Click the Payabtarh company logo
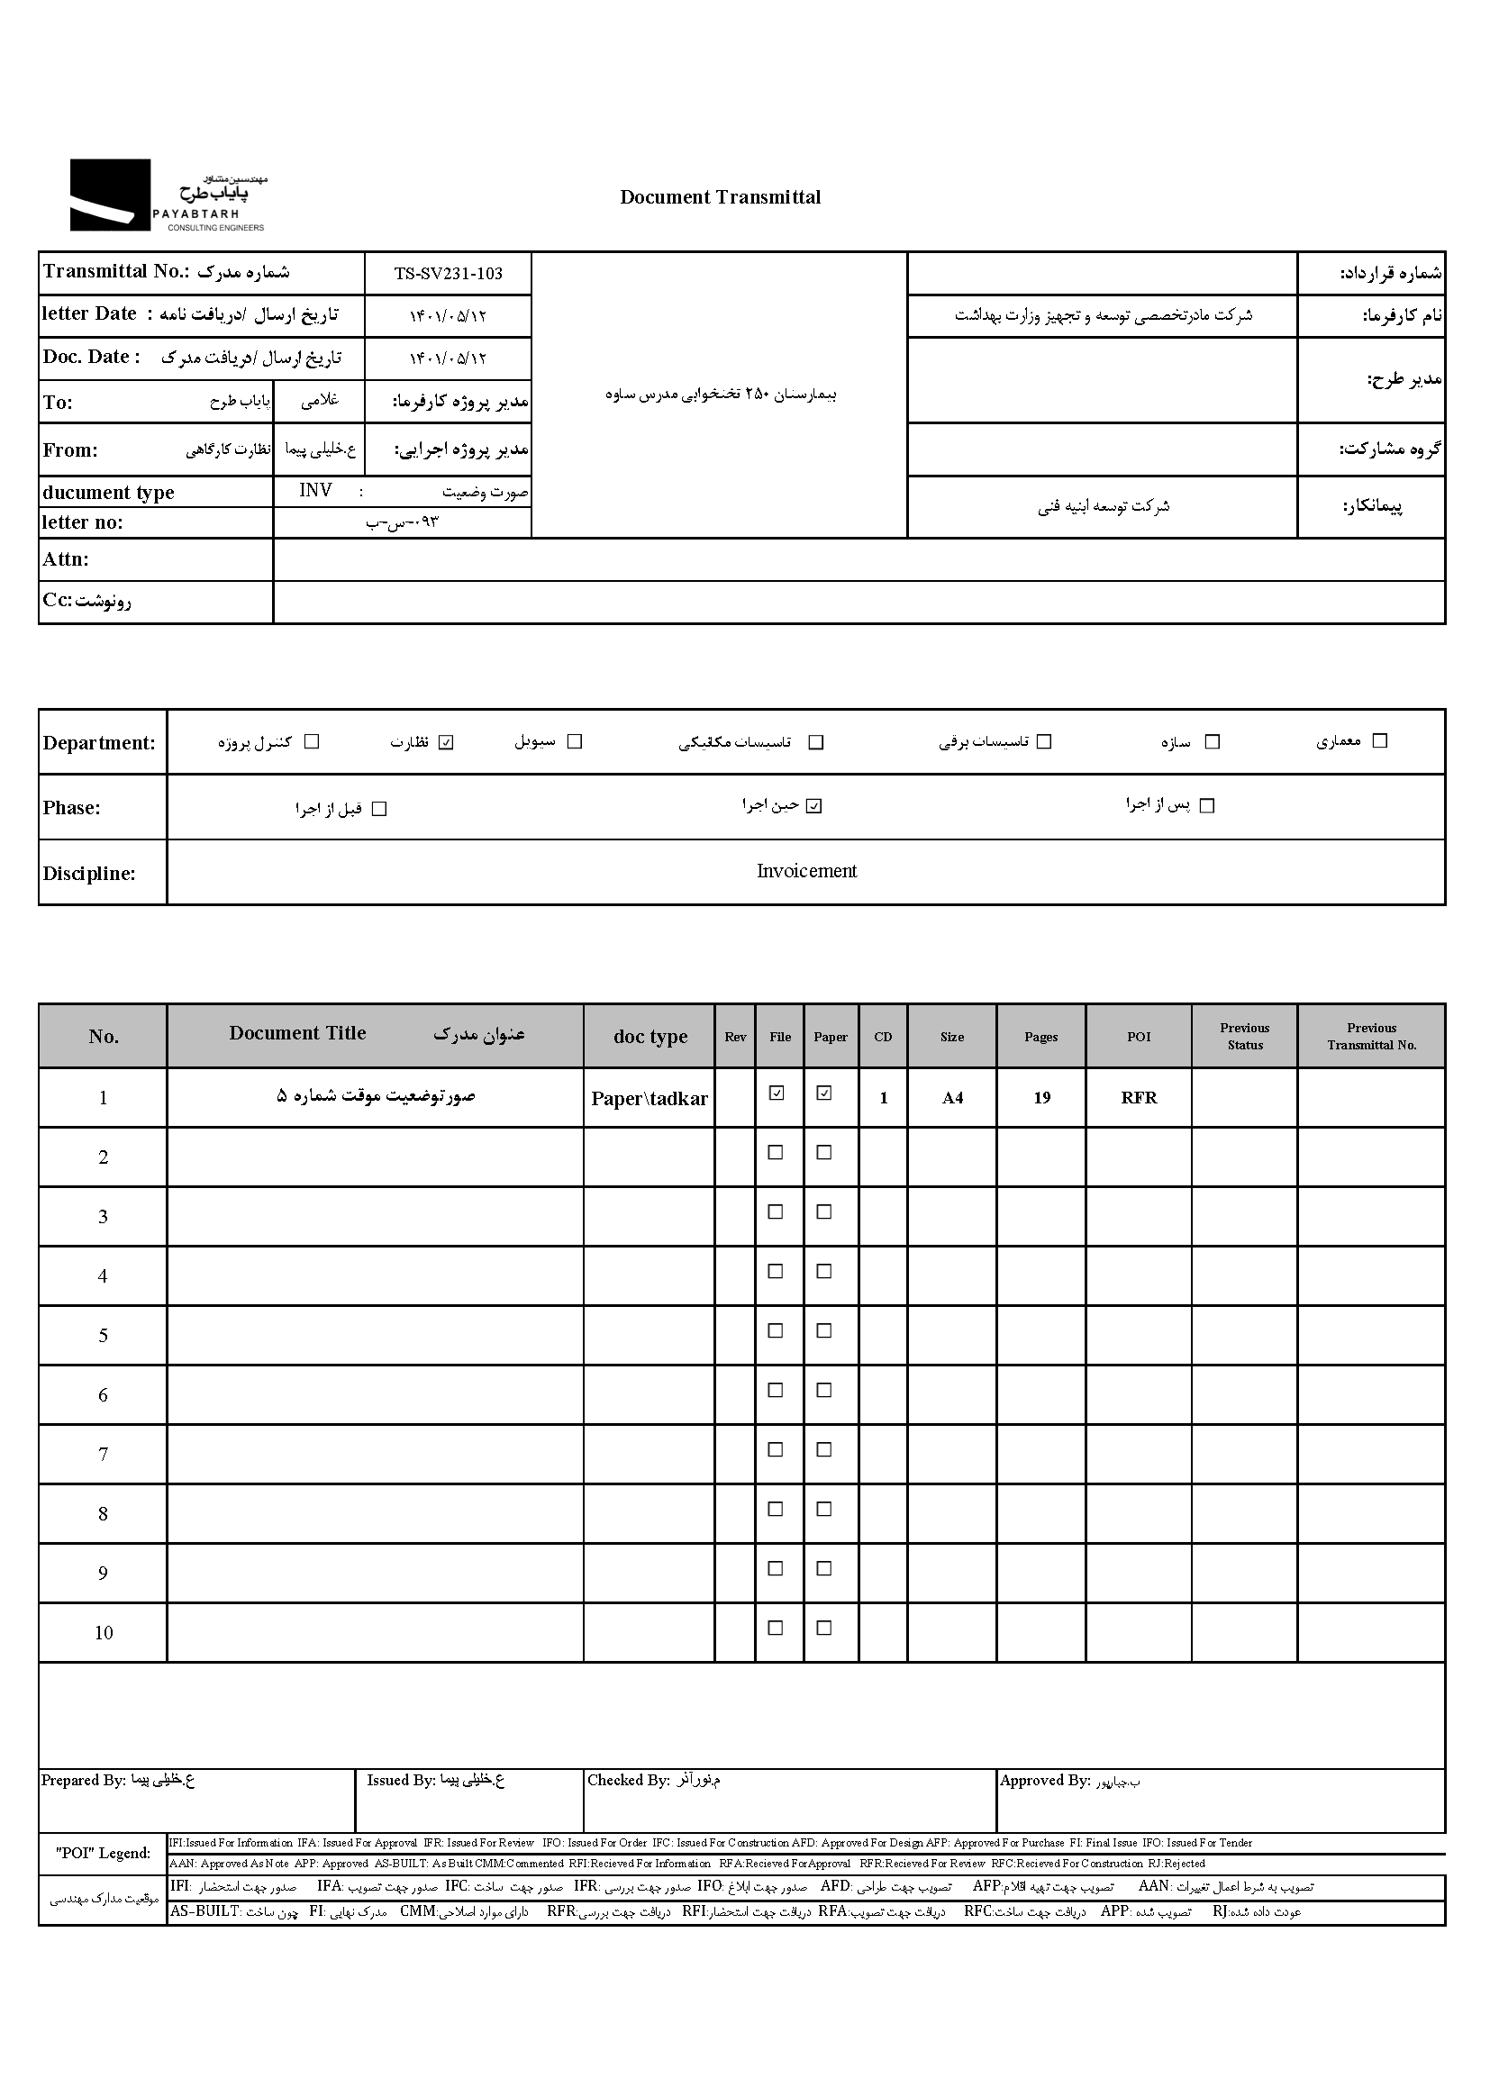click(167, 195)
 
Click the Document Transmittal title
click(721, 197)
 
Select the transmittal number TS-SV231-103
click(448, 273)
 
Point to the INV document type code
click(315, 491)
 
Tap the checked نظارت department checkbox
click(446, 742)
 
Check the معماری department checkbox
click(1379, 741)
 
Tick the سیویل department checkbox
click(575, 741)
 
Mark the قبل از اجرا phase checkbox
click(379, 809)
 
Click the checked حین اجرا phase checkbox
click(813, 806)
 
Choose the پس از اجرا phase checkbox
click(1207, 805)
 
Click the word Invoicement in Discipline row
click(806, 871)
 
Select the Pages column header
click(1040, 1037)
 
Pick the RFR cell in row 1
click(1139, 1098)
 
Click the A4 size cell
click(952, 1098)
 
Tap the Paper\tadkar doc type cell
click(649, 1099)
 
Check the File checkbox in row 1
click(777, 1093)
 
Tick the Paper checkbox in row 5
click(824, 1331)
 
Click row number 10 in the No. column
click(104, 1633)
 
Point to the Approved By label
click(1044, 1781)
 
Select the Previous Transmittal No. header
click(1371, 1037)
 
